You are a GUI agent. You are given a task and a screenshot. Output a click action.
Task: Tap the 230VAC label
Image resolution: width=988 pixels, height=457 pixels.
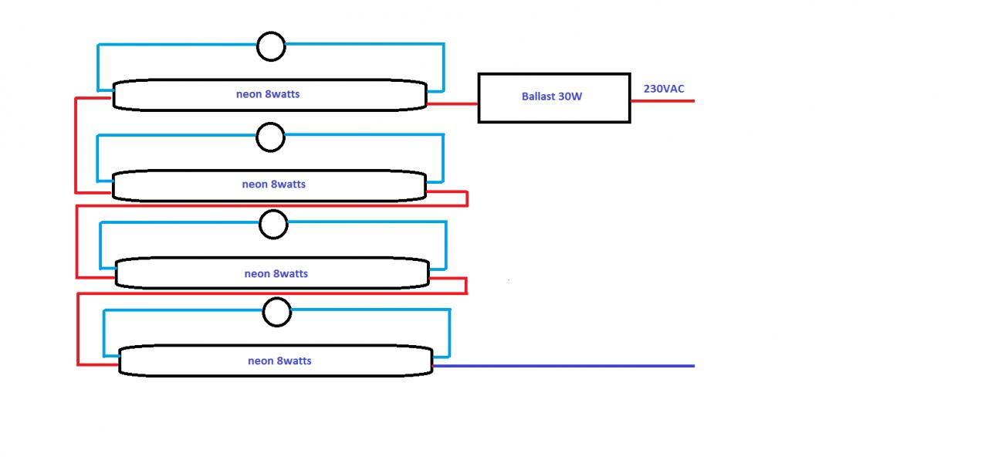[664, 89]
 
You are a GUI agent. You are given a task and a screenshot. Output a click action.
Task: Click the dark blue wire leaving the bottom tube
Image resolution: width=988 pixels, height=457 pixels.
[563, 366]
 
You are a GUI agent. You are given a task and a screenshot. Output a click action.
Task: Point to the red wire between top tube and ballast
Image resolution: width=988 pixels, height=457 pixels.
[452, 104]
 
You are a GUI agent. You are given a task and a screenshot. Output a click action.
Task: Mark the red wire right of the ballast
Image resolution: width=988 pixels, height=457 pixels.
[662, 101]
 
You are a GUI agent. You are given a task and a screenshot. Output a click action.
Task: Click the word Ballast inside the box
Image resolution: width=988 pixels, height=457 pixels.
[538, 96]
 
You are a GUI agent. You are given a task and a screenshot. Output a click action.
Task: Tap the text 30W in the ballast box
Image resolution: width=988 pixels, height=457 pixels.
[570, 96]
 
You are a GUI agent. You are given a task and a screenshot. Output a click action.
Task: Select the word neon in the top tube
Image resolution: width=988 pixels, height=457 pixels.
[249, 94]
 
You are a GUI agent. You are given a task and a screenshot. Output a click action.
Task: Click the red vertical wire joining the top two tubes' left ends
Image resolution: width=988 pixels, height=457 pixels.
[76, 146]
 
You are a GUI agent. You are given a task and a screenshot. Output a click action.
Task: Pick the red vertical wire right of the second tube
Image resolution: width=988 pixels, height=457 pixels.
[467, 198]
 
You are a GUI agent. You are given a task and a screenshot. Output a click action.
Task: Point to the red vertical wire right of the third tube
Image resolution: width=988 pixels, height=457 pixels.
[465, 286]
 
